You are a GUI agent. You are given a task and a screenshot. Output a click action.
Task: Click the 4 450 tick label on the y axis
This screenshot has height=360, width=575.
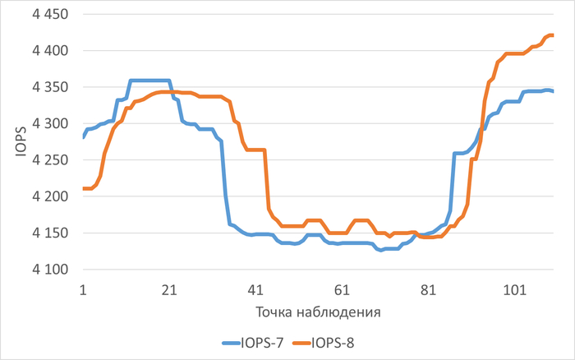50,15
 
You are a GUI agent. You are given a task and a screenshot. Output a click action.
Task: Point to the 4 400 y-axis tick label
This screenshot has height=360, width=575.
50,51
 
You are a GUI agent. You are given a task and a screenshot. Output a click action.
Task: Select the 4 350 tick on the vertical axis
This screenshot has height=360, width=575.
50,87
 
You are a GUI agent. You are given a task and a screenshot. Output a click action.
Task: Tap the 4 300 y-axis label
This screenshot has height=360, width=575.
50,123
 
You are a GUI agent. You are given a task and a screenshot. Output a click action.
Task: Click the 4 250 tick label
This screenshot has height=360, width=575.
50,160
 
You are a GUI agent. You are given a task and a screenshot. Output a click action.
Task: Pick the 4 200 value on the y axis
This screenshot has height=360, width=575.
50,196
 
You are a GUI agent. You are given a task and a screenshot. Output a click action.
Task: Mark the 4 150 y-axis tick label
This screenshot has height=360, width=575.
50,233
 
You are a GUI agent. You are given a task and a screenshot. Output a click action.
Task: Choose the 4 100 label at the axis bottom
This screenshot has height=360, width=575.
50,269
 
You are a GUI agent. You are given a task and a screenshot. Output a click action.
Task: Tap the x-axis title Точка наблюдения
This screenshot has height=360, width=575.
318,313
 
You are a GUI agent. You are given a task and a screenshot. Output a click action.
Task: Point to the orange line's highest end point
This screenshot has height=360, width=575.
552,35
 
